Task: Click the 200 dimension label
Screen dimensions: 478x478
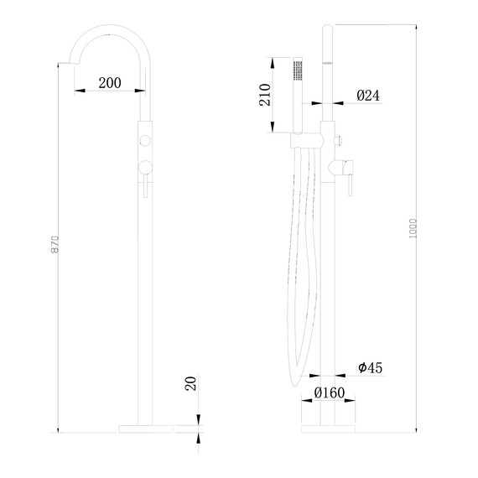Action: point(109,82)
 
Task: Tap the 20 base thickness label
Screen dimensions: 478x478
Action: point(190,384)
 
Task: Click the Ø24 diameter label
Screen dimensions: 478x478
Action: point(368,96)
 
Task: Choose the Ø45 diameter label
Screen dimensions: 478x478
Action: point(370,367)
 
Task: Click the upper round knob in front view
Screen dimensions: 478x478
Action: point(146,138)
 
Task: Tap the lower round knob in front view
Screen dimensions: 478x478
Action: point(146,165)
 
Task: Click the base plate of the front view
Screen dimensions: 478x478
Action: point(146,428)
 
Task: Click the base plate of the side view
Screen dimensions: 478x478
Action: point(328,428)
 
